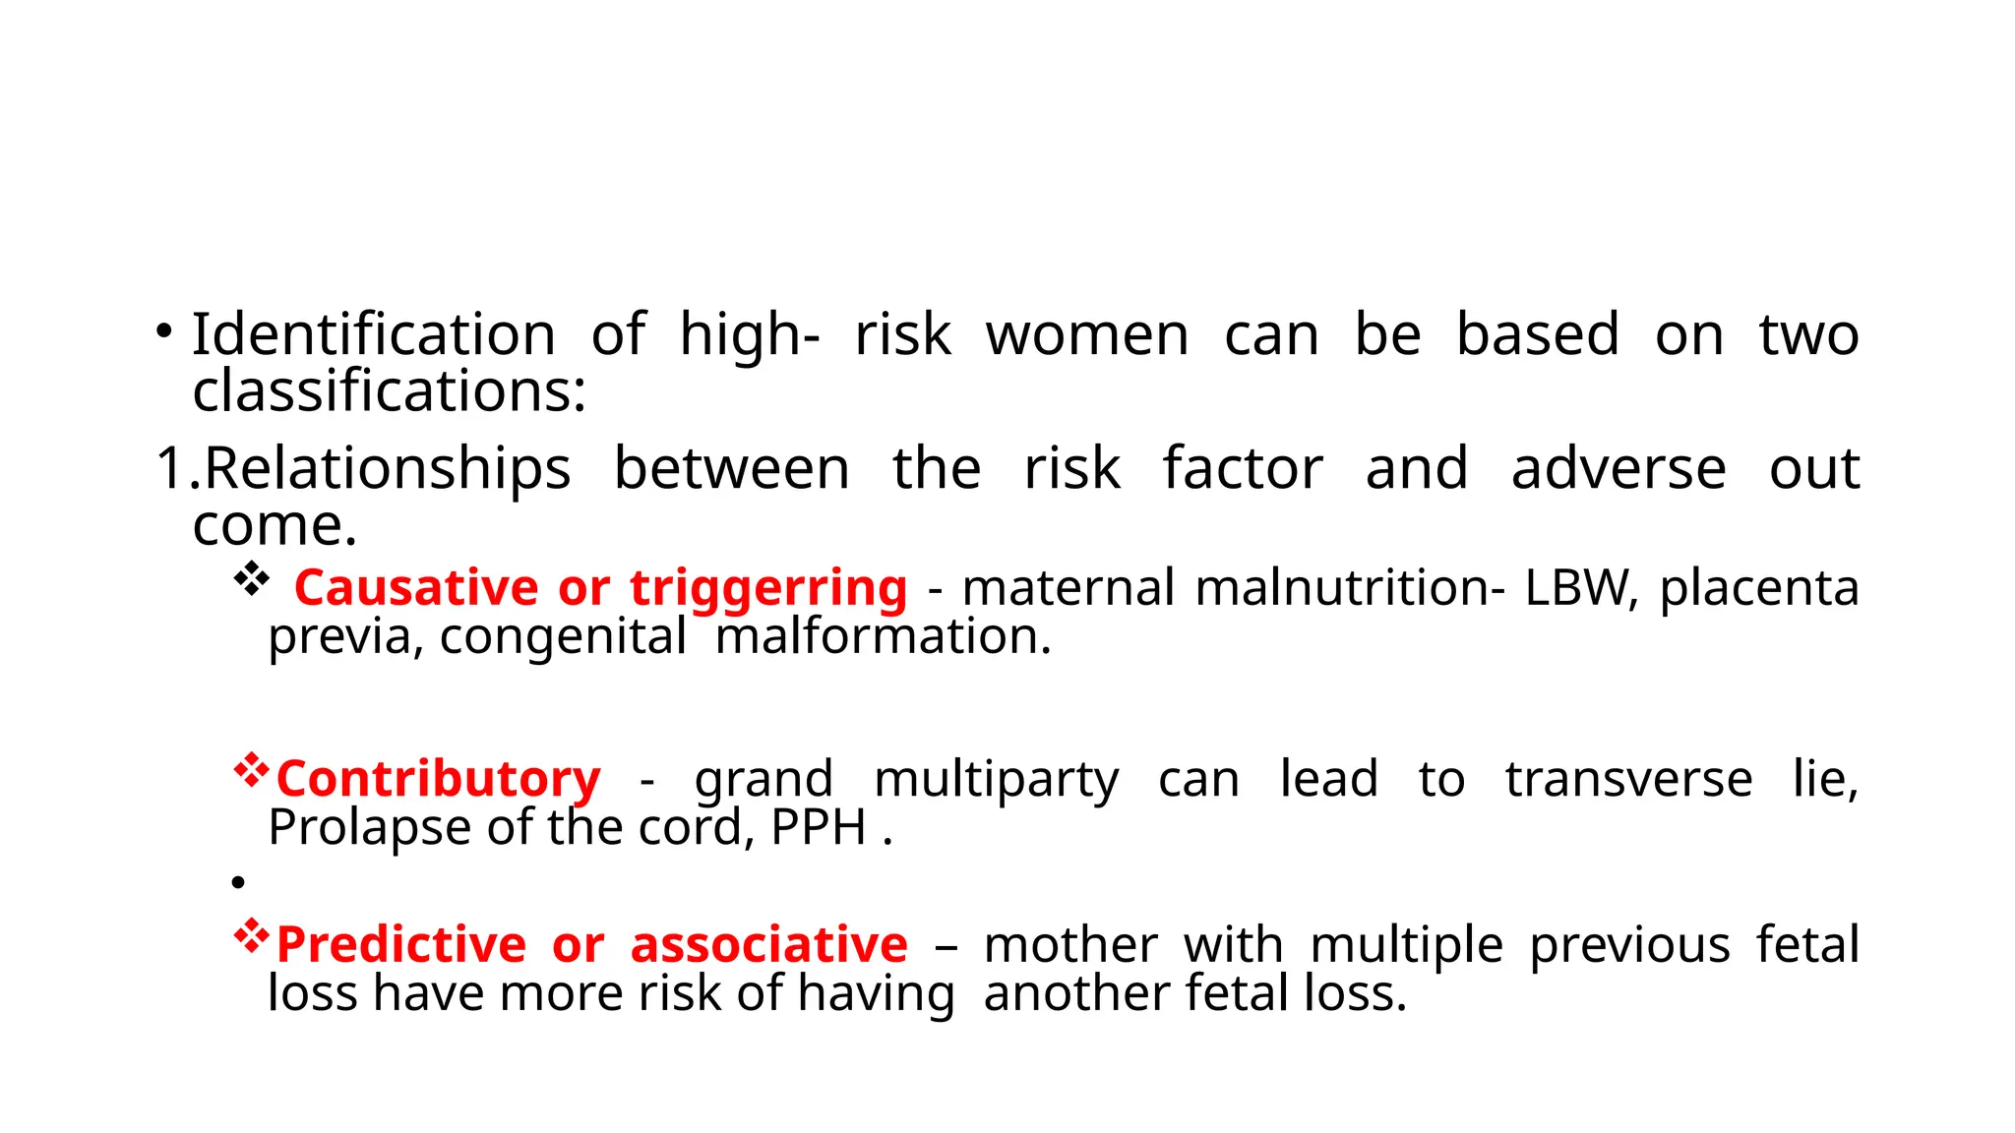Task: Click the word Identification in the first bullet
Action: pyautogui.click(x=373, y=334)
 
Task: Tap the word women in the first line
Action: pyautogui.click(x=1087, y=334)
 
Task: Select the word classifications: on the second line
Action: pyautogui.click(x=389, y=391)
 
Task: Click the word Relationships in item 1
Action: pyautogui.click(x=387, y=468)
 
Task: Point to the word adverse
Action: pyautogui.click(x=1618, y=468)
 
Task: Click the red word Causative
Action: pyautogui.click(x=415, y=588)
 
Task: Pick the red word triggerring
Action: pyautogui.click(x=768, y=588)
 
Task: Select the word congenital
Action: pyautogui.click(x=563, y=636)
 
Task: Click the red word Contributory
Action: pyautogui.click(x=438, y=779)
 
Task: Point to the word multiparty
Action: pyautogui.click(x=996, y=779)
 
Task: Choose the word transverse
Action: pyautogui.click(x=1628, y=779)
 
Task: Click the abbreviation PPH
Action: pyautogui.click(x=818, y=827)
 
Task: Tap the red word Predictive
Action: pyautogui.click(x=401, y=945)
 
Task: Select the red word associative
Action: pyautogui.click(x=768, y=945)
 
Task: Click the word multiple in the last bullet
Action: pyautogui.click(x=1407, y=945)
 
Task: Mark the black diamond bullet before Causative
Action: pyautogui.click(x=252, y=579)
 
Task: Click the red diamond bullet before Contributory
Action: pyautogui.click(x=252, y=770)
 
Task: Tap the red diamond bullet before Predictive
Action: pyautogui.click(x=252, y=936)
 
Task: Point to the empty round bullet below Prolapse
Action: pyautogui.click(x=238, y=883)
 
